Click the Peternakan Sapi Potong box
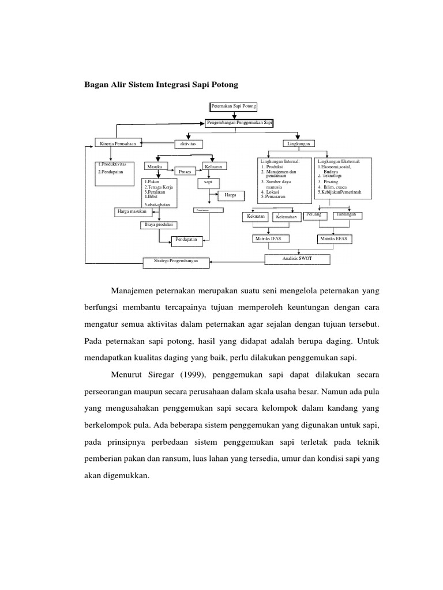tap(234, 107)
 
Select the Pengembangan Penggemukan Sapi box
tap(239, 123)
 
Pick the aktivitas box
tap(189, 143)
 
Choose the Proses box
tap(185, 172)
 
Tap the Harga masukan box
tap(132, 211)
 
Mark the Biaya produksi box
tap(158, 225)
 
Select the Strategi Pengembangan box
tap(176, 262)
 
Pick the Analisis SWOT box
tap(297, 259)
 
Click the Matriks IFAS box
tap(268, 239)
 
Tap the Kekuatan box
tap(256, 216)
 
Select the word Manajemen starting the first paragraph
tap(134, 290)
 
